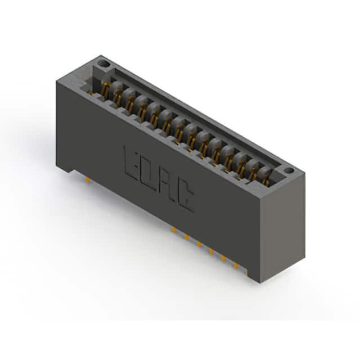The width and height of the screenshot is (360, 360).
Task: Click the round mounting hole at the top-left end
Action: pos(103,63)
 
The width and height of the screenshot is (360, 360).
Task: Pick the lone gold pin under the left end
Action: pos(88,180)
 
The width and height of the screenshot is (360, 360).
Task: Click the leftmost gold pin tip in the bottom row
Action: pos(174,229)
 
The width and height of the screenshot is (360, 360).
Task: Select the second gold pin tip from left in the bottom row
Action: pos(186,236)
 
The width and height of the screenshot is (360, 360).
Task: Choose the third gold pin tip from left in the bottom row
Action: pos(199,244)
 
